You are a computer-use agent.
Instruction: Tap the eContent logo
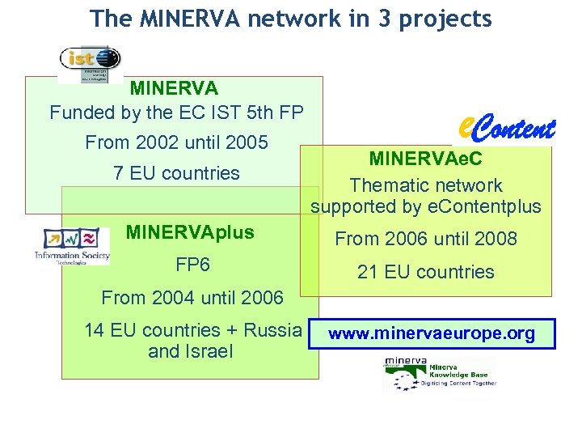[x=505, y=128]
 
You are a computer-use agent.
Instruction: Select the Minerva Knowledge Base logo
[x=439, y=375]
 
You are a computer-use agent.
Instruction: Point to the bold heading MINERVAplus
[x=190, y=233]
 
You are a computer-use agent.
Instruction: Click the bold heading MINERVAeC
[x=425, y=159]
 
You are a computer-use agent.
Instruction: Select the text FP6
[x=192, y=265]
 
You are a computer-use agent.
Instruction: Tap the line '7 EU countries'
[x=176, y=172]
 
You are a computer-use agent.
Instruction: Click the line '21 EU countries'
[x=426, y=272]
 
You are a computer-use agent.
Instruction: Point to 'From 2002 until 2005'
[x=176, y=143]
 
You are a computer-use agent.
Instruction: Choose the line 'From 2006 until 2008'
[x=426, y=240]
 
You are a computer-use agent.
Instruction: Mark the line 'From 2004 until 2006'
[x=192, y=298]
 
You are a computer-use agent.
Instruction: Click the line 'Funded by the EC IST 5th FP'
[x=176, y=112]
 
